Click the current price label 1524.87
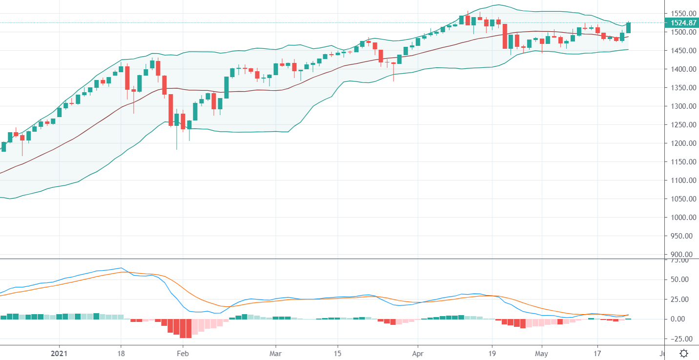click(682, 23)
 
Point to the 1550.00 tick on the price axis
click(682, 14)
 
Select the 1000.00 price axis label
click(682, 218)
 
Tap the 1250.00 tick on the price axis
click(682, 125)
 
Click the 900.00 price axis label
click(683, 255)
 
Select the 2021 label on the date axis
click(59, 353)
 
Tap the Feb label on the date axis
click(182, 353)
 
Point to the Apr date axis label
click(418, 353)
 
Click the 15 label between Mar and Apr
click(337, 353)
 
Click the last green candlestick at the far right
click(628, 28)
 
